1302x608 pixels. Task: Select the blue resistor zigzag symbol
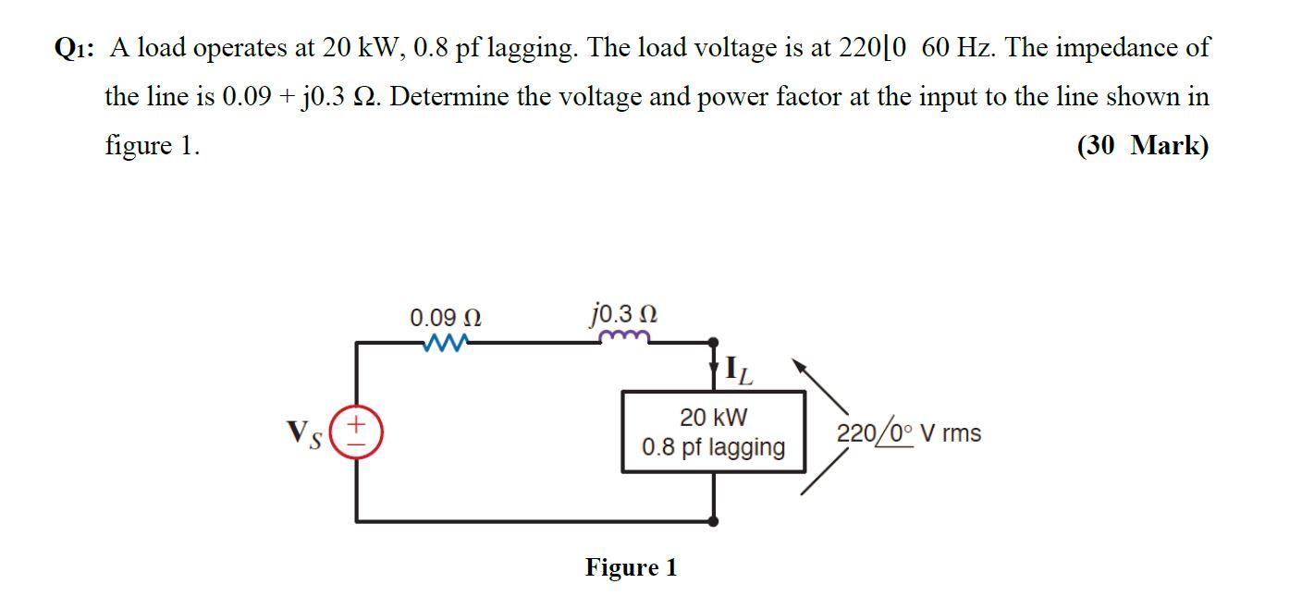tap(444, 344)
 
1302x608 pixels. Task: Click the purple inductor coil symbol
tap(627, 338)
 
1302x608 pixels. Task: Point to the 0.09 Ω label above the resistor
tap(445, 318)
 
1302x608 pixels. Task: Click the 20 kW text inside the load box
tap(713, 418)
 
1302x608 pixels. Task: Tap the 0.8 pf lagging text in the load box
tap(713, 447)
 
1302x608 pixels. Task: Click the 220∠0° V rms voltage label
tap(908, 432)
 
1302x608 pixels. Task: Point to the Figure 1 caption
tap(631, 566)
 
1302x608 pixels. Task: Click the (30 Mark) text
tap(1142, 145)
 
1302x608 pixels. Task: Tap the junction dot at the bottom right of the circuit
tap(713, 521)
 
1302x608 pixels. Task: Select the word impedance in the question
tap(1106, 48)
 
